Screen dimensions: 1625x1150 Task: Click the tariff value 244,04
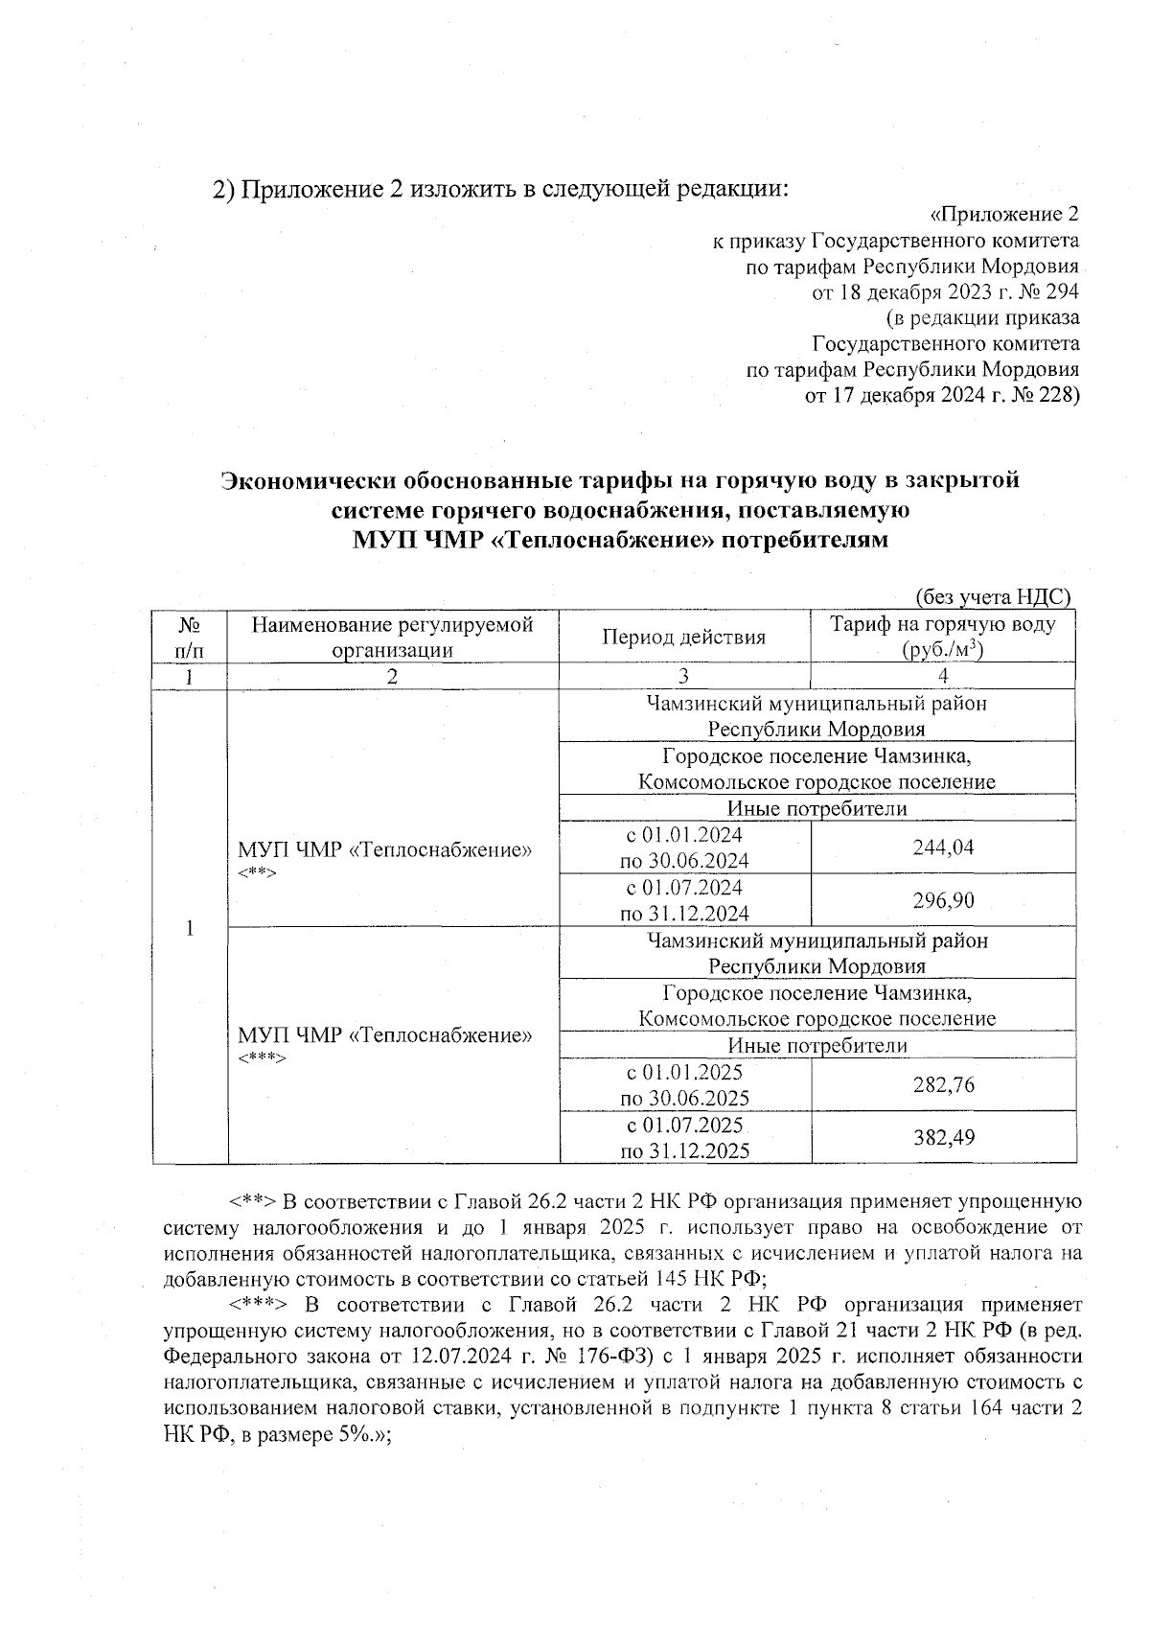click(x=943, y=847)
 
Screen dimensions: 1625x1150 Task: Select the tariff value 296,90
click(x=943, y=900)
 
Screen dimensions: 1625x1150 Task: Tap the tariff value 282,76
click(x=943, y=1084)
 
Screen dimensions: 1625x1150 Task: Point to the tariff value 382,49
click(x=943, y=1137)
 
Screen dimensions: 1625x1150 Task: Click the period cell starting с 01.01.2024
click(x=684, y=847)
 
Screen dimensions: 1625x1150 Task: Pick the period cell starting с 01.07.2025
click(x=684, y=1137)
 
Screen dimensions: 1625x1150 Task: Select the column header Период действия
click(x=683, y=637)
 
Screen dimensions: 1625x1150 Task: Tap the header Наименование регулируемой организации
click(x=392, y=637)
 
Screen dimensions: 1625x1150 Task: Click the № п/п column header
click(x=190, y=637)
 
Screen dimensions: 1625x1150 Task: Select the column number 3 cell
click(x=683, y=676)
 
